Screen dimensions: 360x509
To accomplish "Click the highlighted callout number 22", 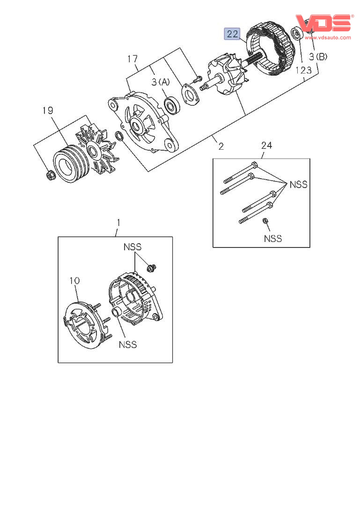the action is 232,34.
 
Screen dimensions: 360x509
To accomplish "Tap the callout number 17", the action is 132,59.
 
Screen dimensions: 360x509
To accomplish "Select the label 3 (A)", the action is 161,82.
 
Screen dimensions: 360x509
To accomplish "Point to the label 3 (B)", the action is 318,57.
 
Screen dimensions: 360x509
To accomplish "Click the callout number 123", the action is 303,70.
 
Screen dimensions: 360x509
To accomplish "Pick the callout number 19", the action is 48,111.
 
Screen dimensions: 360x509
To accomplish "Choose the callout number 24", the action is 266,145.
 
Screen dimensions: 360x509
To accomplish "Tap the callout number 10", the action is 74,281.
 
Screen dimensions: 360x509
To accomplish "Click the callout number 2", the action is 221,146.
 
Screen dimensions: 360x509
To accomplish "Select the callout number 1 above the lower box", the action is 118,223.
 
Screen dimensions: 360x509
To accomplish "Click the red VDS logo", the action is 323,23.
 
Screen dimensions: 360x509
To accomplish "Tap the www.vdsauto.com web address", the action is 328,37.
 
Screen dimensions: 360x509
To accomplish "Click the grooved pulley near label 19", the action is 71,164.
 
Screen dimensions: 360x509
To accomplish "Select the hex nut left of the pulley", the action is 51,175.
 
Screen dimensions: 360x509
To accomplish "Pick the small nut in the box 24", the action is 265,221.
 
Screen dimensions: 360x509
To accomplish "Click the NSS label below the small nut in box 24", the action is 272,239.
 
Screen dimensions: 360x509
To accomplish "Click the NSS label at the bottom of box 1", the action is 128,344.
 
